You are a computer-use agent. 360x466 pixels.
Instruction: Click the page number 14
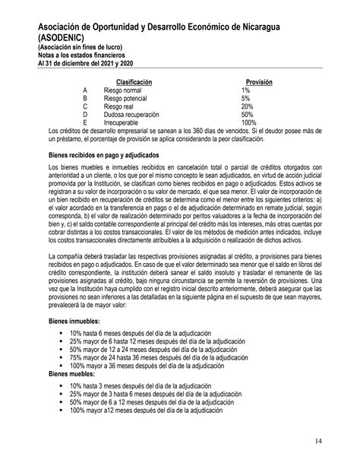click(338, 441)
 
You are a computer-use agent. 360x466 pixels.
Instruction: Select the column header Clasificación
click(134, 81)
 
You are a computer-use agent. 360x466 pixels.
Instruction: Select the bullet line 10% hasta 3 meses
click(144, 386)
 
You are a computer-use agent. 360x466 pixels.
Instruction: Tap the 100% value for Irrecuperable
click(249, 122)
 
